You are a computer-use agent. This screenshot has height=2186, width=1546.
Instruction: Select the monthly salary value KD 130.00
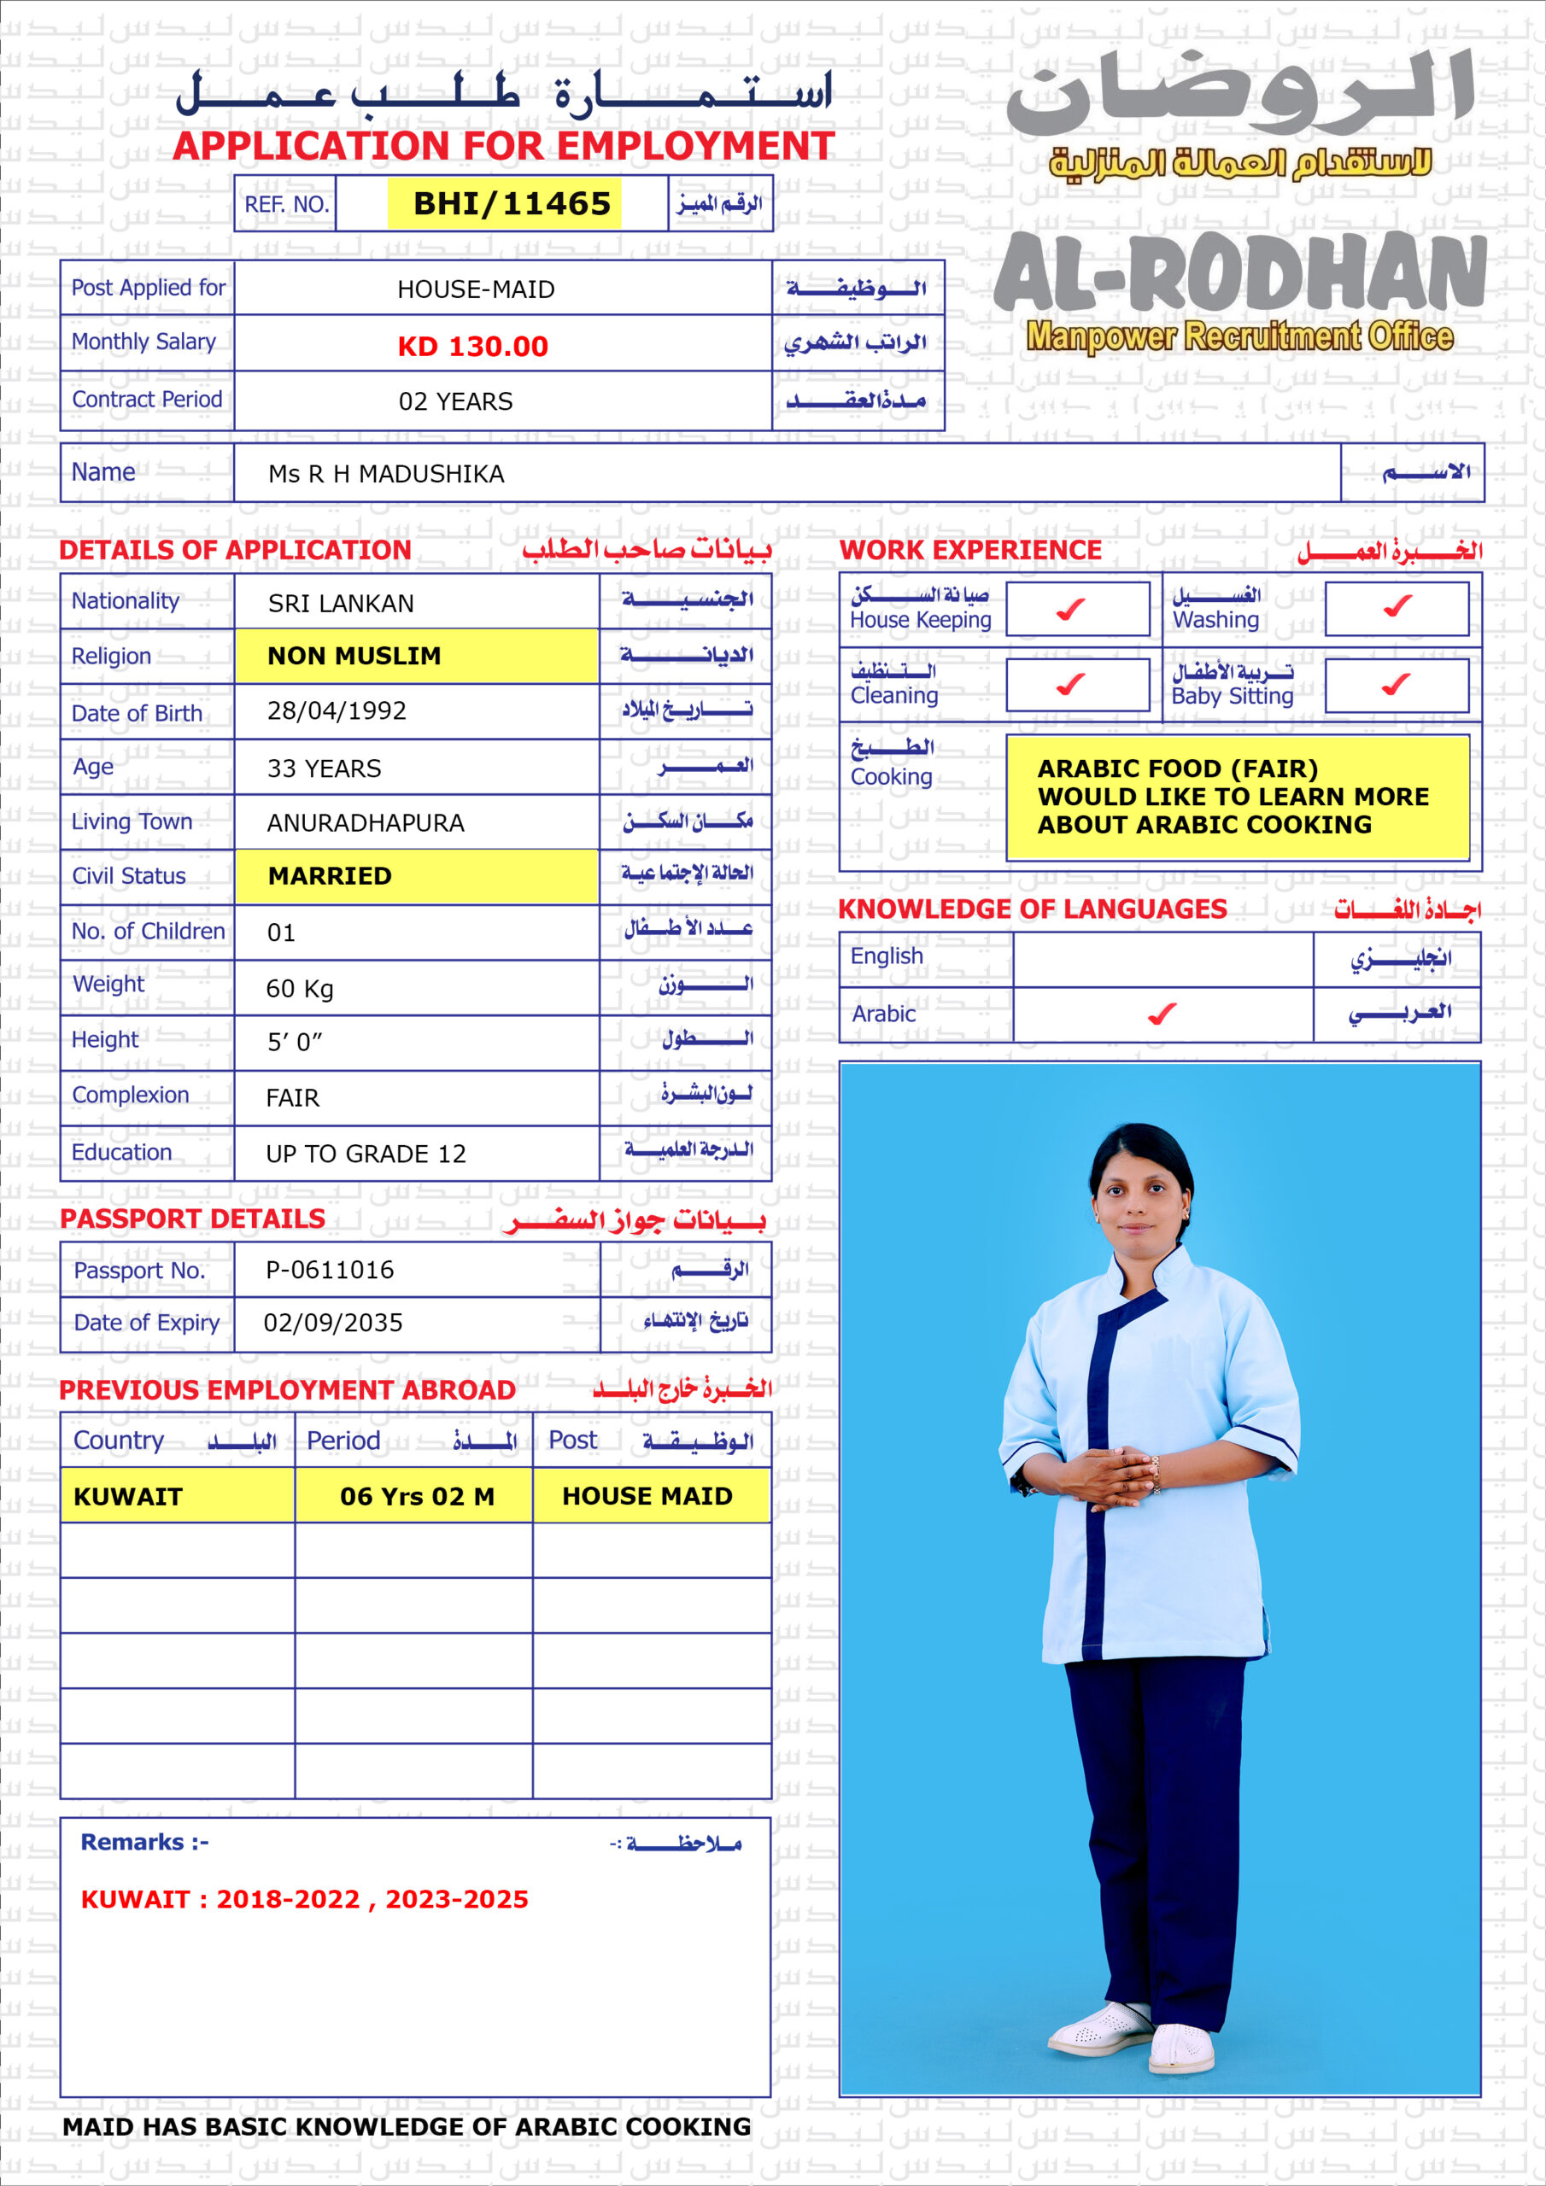(x=472, y=346)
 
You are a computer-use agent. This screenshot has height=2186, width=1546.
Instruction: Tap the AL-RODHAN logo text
(x=1239, y=273)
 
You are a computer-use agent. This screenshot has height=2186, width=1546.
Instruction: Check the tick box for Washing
(x=1397, y=605)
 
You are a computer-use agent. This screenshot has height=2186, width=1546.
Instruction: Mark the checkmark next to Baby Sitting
(x=1396, y=684)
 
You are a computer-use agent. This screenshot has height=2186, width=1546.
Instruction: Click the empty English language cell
(x=1162, y=958)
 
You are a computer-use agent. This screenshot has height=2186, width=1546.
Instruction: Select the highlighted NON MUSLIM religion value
(x=354, y=656)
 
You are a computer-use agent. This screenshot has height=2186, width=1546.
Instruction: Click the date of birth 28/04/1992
(x=337, y=711)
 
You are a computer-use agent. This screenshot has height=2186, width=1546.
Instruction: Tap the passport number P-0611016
(x=330, y=1269)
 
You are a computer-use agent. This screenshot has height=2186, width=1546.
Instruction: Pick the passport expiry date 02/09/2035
(x=332, y=1323)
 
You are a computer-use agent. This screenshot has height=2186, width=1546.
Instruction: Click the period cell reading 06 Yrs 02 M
(x=417, y=1497)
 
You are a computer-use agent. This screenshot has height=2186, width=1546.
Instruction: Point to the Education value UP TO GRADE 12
(x=366, y=1154)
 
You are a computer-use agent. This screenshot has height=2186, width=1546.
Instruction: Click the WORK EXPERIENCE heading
(x=969, y=549)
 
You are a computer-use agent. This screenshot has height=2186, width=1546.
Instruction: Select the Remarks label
(x=143, y=1842)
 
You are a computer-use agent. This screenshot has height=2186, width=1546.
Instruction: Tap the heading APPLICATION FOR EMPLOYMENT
(x=504, y=146)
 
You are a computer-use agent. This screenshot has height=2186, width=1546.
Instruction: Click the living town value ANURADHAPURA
(x=366, y=822)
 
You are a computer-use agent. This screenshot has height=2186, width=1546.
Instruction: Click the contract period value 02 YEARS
(x=455, y=402)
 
